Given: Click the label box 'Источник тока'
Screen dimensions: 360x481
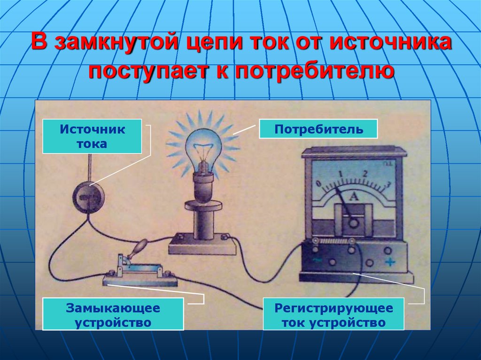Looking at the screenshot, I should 92,136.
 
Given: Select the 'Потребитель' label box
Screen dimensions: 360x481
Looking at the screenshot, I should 318,129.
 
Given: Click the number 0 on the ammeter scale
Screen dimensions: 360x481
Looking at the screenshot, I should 319,183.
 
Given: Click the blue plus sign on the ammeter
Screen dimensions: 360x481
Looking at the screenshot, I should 389,262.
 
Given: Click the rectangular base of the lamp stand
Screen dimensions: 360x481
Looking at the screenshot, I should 202,245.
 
